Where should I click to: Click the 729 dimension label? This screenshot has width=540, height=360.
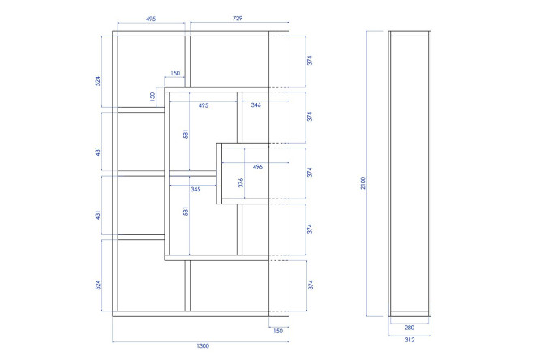[x=238, y=19]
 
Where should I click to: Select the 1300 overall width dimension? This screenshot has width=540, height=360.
[x=203, y=346]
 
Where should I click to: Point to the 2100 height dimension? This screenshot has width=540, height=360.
[x=363, y=183]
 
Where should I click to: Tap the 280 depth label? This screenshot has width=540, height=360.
[x=409, y=328]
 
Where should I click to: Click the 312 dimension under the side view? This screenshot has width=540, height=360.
[x=409, y=340]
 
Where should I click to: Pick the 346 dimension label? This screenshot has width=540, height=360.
[x=256, y=105]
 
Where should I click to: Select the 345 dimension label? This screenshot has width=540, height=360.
[x=195, y=189]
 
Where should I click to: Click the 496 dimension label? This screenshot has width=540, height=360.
[x=258, y=167]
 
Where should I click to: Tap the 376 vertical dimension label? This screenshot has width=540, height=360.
[x=241, y=183]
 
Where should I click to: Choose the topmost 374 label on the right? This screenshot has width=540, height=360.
[x=310, y=60]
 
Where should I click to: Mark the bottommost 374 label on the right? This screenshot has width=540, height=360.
[x=311, y=285]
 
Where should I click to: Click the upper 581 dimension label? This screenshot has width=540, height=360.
[x=186, y=134]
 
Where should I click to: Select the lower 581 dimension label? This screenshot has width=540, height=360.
[x=186, y=211]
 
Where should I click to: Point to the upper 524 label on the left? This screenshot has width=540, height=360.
[x=98, y=81]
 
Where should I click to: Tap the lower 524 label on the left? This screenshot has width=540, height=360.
[x=98, y=285]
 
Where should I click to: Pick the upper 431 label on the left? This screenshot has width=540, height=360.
[x=98, y=152]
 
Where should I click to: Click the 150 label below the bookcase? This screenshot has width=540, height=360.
[x=278, y=331]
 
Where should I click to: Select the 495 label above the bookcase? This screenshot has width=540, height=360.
[x=151, y=19]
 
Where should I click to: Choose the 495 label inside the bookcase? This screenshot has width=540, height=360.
[x=204, y=105]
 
